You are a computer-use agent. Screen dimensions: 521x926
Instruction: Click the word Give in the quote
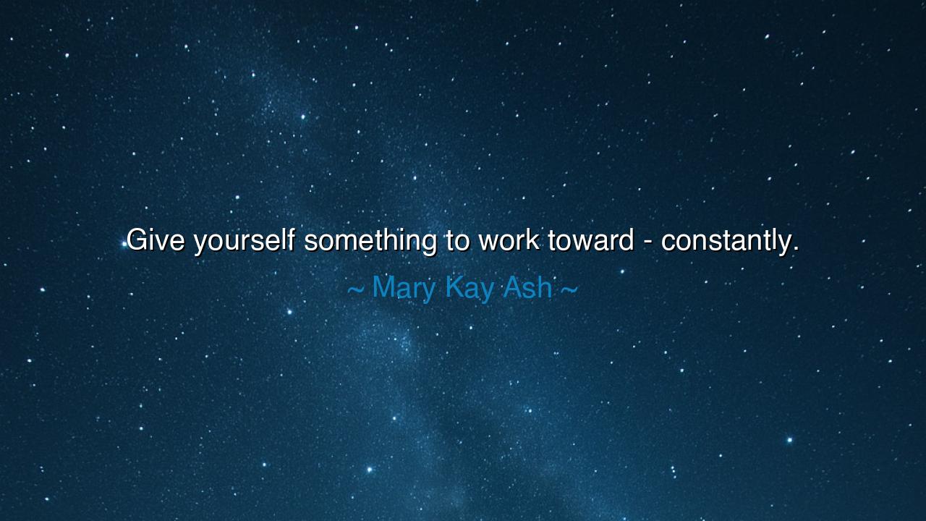click(x=156, y=240)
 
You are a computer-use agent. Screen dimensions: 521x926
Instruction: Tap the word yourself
click(x=244, y=240)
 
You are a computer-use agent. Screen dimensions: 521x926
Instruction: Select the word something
click(x=370, y=240)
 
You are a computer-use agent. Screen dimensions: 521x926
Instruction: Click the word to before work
click(x=458, y=240)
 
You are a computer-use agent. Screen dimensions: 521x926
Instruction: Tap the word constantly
click(x=726, y=240)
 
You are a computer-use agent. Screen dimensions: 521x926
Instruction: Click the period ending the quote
click(x=795, y=249)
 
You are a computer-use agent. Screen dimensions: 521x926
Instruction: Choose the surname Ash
click(x=527, y=288)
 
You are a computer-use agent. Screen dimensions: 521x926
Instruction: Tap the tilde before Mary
click(x=355, y=289)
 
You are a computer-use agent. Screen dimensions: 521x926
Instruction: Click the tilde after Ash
click(x=569, y=289)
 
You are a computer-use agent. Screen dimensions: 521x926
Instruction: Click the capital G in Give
click(x=136, y=240)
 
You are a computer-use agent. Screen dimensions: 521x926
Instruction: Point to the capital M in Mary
click(x=383, y=287)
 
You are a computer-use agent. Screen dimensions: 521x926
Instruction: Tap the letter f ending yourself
click(x=291, y=239)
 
